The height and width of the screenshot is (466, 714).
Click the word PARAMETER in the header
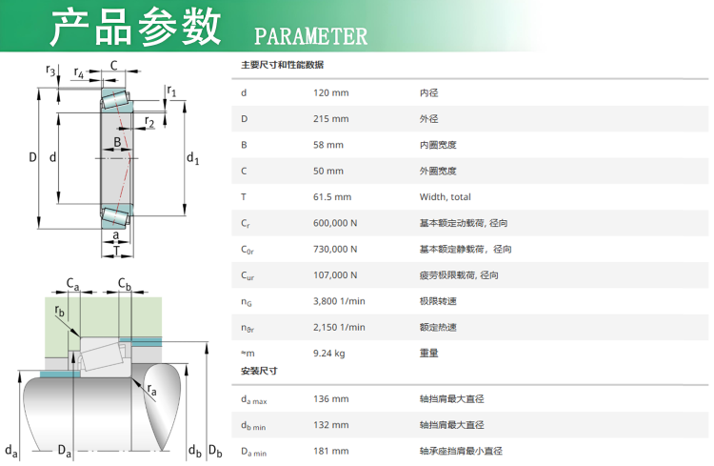[x=310, y=36]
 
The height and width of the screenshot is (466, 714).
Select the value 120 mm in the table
[x=331, y=92]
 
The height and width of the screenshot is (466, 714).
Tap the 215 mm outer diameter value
[x=331, y=118]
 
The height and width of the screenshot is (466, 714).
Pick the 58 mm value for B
[x=328, y=145]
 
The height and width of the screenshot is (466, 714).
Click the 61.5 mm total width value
[x=332, y=197]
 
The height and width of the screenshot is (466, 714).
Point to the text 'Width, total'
[x=446, y=197]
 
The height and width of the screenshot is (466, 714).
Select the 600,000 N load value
[x=335, y=223]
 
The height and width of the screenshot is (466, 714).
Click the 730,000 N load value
[x=335, y=249]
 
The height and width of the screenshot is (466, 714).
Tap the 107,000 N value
[x=335, y=275]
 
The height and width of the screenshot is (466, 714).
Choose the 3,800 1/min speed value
[x=339, y=301]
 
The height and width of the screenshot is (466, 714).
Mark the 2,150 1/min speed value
[x=339, y=327]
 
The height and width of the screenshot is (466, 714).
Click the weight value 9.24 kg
[x=329, y=354]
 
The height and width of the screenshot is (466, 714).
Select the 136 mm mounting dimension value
[x=331, y=399]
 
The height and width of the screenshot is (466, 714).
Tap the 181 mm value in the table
[x=331, y=451]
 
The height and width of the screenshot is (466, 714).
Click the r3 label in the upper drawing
[x=50, y=71]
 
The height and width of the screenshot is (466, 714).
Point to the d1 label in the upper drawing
[x=193, y=158]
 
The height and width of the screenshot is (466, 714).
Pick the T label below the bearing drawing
[x=116, y=251]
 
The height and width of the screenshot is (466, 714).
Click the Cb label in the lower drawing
[x=125, y=284]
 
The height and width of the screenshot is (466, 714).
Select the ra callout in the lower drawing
[x=152, y=390]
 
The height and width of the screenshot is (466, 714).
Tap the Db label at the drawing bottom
[x=215, y=451]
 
